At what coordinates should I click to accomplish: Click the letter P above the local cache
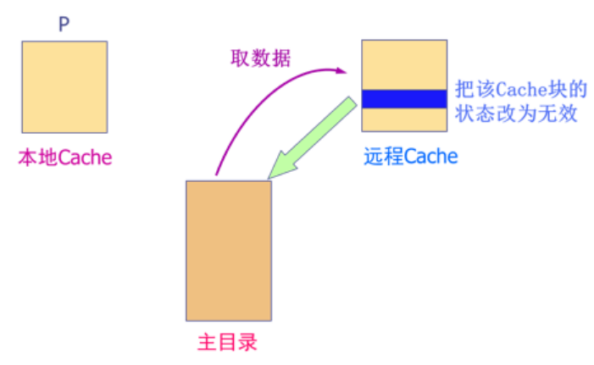pyautogui.click(x=64, y=25)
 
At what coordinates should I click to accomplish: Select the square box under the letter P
pyautogui.click(x=64, y=87)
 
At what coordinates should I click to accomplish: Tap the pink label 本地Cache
pyautogui.click(x=65, y=157)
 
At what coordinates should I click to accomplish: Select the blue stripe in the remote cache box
pyautogui.click(x=403, y=99)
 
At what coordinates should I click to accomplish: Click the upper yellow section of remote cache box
pyautogui.click(x=403, y=65)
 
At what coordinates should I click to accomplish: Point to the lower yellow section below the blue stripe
pyautogui.click(x=403, y=119)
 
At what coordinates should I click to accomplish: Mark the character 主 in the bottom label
pyautogui.click(x=207, y=343)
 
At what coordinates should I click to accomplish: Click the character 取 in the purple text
pyautogui.click(x=241, y=58)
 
